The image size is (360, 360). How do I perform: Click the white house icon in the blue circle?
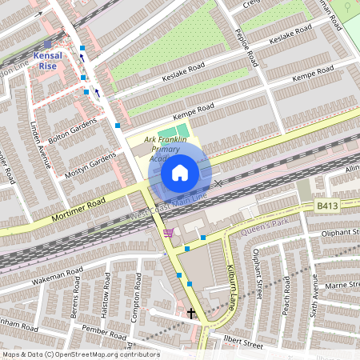[x=180, y=173]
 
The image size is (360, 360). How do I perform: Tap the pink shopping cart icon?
[x=167, y=233]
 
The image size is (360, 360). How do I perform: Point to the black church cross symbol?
[x=190, y=312]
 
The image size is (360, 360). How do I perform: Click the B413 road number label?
[x=326, y=206]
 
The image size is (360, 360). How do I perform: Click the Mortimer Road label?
[x=79, y=207]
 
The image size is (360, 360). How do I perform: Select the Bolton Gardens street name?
[x=71, y=129]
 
